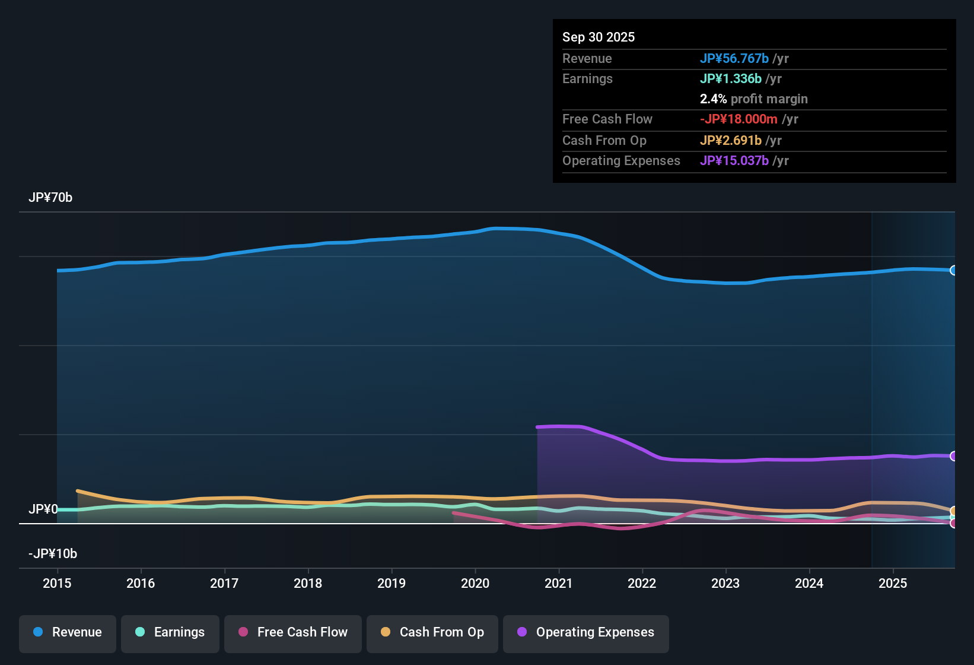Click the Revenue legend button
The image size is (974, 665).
(x=68, y=632)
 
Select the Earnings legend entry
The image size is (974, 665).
(x=170, y=632)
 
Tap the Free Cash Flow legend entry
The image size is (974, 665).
(x=293, y=632)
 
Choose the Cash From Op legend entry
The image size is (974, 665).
(x=432, y=632)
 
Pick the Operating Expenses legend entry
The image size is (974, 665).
(x=586, y=632)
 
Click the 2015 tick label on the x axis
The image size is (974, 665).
(x=57, y=584)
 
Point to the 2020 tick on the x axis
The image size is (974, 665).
(x=475, y=584)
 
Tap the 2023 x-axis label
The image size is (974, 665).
(x=725, y=584)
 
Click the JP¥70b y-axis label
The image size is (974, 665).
(x=50, y=198)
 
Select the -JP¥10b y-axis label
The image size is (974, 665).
(x=53, y=554)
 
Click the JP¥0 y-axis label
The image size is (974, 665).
(x=43, y=509)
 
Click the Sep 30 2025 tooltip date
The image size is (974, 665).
(x=599, y=37)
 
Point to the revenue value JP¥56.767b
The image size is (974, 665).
(x=734, y=59)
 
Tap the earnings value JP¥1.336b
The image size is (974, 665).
(x=731, y=79)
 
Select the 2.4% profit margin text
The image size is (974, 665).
(x=753, y=99)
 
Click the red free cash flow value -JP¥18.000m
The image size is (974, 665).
(x=739, y=119)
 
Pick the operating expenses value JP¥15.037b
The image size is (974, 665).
(x=734, y=161)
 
